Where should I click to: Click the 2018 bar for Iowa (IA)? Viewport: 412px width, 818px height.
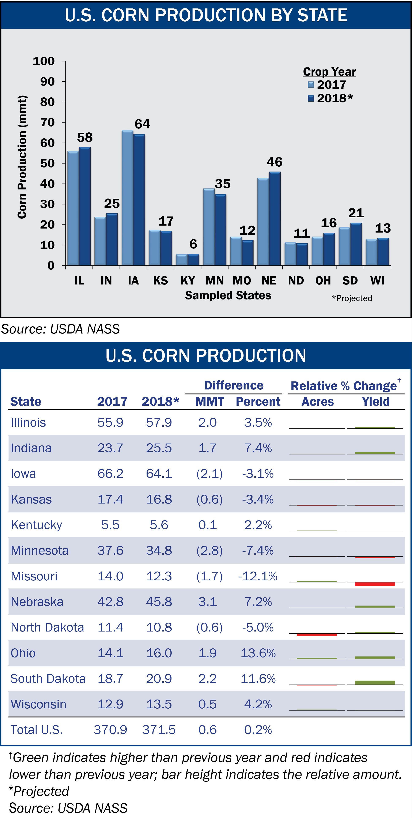[x=139, y=200]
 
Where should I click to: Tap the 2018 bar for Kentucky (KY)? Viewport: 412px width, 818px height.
[x=193, y=260]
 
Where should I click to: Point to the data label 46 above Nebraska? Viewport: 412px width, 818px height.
[x=275, y=162]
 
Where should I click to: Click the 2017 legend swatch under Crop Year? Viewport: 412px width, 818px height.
[x=311, y=85]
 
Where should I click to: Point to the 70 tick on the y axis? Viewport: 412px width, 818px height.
[x=47, y=122]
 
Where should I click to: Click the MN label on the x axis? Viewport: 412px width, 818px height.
[x=215, y=281]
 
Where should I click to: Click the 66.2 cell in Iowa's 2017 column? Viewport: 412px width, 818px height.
[x=110, y=474]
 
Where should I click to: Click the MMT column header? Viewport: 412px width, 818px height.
[x=209, y=402]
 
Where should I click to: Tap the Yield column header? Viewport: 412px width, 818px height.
[x=375, y=402]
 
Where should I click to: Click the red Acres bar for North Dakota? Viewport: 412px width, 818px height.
[x=317, y=635]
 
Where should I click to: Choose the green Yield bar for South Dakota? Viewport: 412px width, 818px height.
[x=375, y=682]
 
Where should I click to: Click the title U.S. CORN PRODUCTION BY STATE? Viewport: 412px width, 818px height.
[x=206, y=15]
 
